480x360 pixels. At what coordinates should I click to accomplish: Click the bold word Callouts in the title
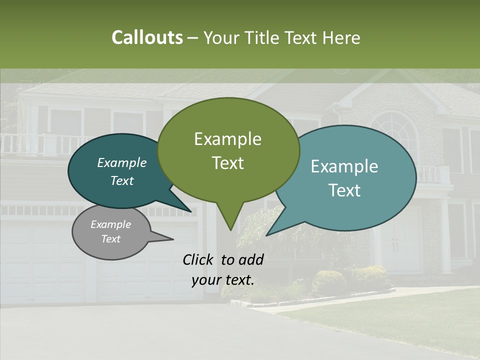pyautogui.click(x=147, y=37)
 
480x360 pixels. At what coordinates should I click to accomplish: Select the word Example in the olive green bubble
pyautogui.click(x=227, y=139)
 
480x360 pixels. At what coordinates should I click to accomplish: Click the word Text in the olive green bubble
pyautogui.click(x=227, y=163)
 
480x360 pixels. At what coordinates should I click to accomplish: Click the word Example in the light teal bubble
pyautogui.click(x=344, y=166)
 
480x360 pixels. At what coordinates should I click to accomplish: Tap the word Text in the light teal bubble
pyautogui.click(x=344, y=190)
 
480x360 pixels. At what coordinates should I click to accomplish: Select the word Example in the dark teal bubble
pyautogui.click(x=121, y=163)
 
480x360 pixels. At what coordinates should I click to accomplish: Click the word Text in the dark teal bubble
pyautogui.click(x=121, y=181)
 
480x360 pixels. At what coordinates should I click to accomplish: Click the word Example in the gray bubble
pyautogui.click(x=110, y=224)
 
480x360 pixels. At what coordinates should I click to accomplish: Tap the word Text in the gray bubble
pyautogui.click(x=110, y=239)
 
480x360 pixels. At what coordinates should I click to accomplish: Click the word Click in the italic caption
pyautogui.click(x=199, y=259)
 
